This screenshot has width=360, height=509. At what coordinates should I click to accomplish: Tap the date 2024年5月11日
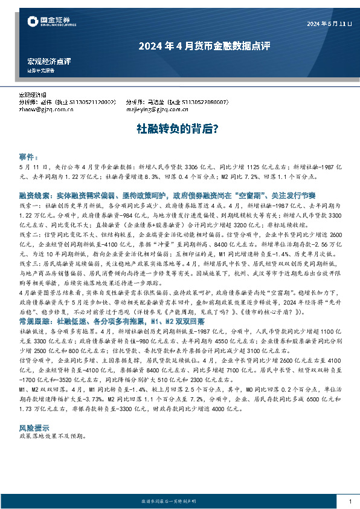[x=329, y=24]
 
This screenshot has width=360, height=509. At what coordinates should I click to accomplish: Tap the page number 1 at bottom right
[x=350, y=501]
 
